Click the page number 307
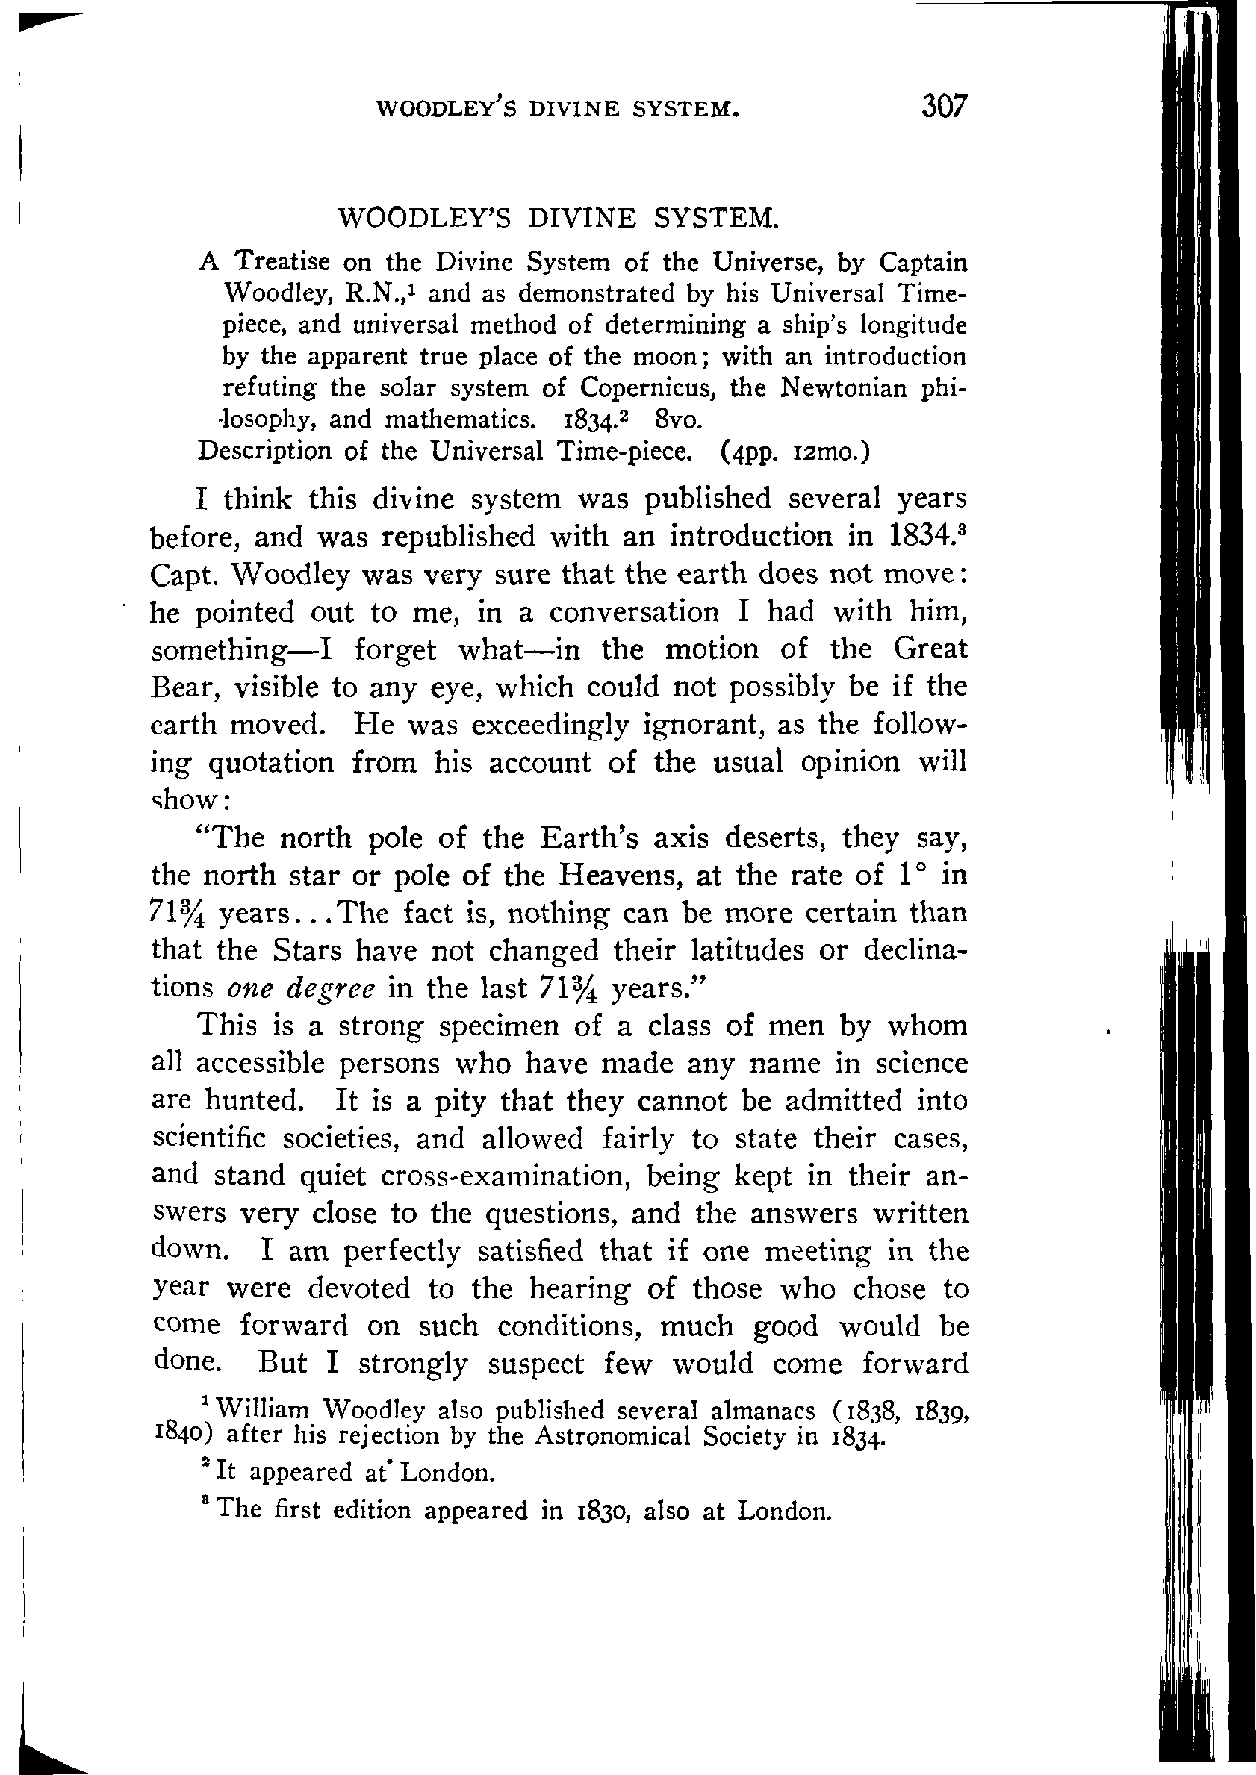coord(944,106)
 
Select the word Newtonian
coord(844,387)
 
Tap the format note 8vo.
coord(677,419)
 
